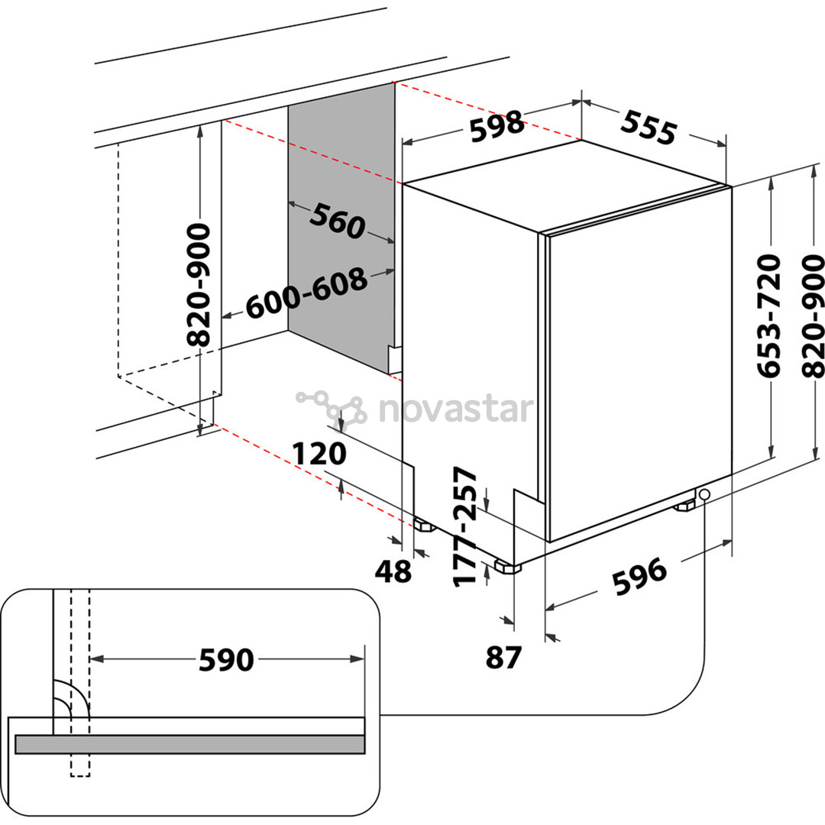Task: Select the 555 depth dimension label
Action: click(x=647, y=127)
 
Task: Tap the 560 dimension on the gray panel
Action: click(x=337, y=222)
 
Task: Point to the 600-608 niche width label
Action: click(x=306, y=294)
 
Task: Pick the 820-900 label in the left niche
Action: click(x=200, y=285)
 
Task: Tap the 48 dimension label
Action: click(x=393, y=570)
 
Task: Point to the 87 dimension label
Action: click(x=503, y=657)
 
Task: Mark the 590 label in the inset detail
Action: click(x=225, y=659)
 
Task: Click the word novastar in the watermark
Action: click(x=454, y=409)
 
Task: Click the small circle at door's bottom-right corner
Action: click(x=703, y=494)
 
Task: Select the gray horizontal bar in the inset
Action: click(x=189, y=744)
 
